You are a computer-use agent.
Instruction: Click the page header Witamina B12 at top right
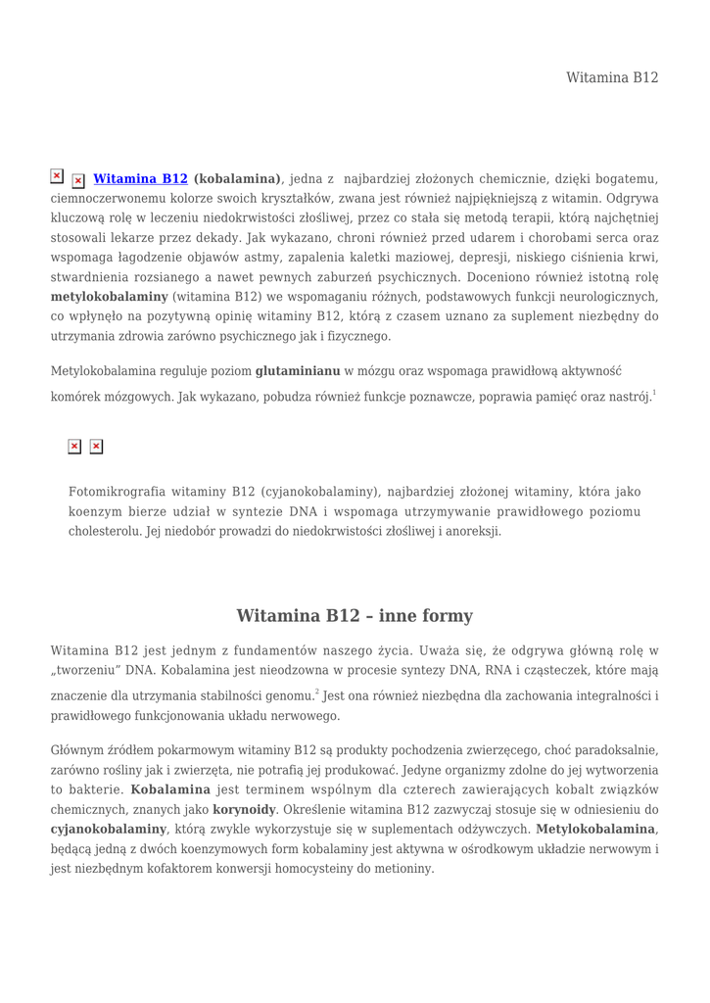click(x=612, y=77)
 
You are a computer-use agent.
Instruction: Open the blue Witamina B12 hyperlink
click(x=140, y=179)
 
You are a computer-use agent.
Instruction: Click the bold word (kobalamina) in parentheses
click(x=238, y=179)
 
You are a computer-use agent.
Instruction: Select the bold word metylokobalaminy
click(x=109, y=296)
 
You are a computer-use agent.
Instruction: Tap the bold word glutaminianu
click(x=298, y=371)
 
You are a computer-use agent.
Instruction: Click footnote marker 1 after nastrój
click(x=654, y=394)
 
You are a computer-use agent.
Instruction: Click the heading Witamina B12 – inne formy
click(x=355, y=616)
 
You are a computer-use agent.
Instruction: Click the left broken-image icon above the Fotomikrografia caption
click(x=74, y=447)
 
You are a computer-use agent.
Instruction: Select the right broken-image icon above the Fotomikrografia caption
click(x=96, y=447)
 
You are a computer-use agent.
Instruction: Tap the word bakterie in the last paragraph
click(x=89, y=789)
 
